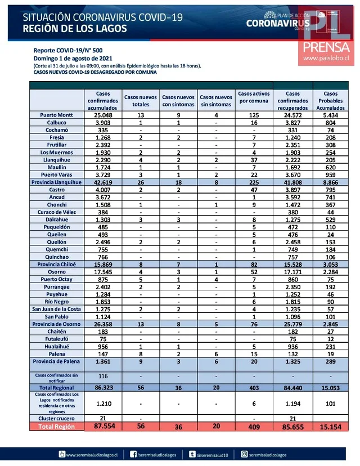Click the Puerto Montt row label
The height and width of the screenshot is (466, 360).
pos(55,115)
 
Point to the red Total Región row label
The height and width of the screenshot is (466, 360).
pos(55,427)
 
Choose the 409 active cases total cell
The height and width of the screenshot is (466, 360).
pos(254,427)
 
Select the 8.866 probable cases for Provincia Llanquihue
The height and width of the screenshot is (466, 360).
pos(331,182)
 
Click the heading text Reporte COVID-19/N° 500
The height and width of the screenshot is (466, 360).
pos(68,50)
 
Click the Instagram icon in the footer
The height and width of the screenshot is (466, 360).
pos(245,453)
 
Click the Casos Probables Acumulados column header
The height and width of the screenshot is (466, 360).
pos(331,100)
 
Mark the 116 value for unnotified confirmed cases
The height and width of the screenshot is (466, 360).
pos(102,375)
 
